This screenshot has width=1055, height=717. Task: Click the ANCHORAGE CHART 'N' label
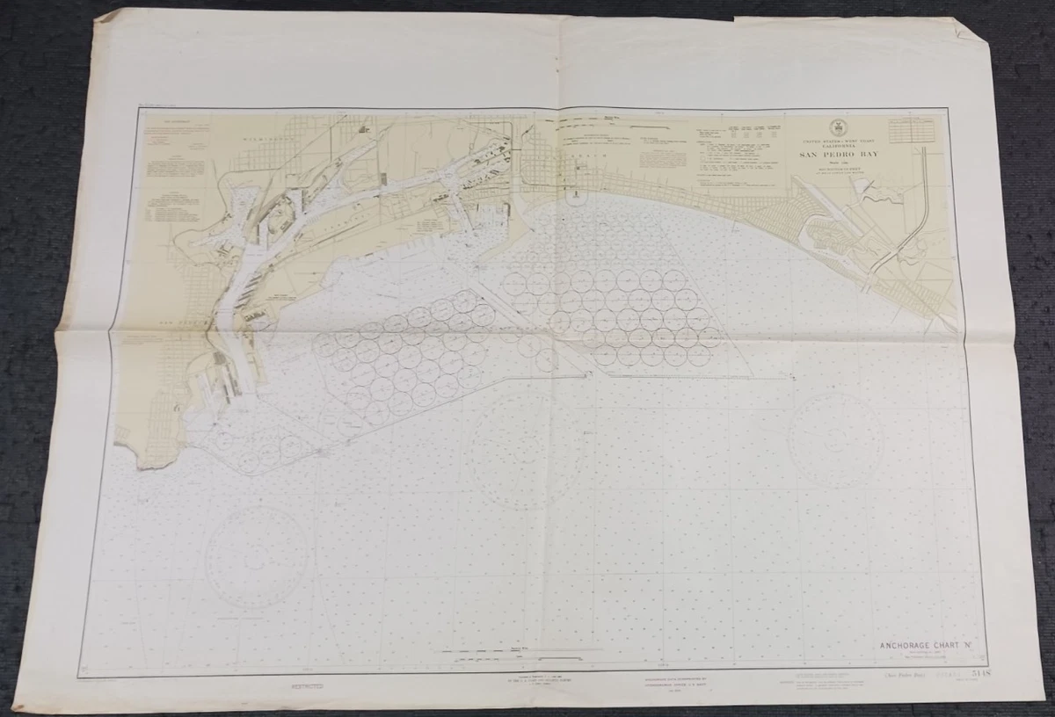coord(921,647)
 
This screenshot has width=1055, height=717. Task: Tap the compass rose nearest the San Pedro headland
coord(257,557)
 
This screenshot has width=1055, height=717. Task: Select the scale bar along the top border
coord(607,117)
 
